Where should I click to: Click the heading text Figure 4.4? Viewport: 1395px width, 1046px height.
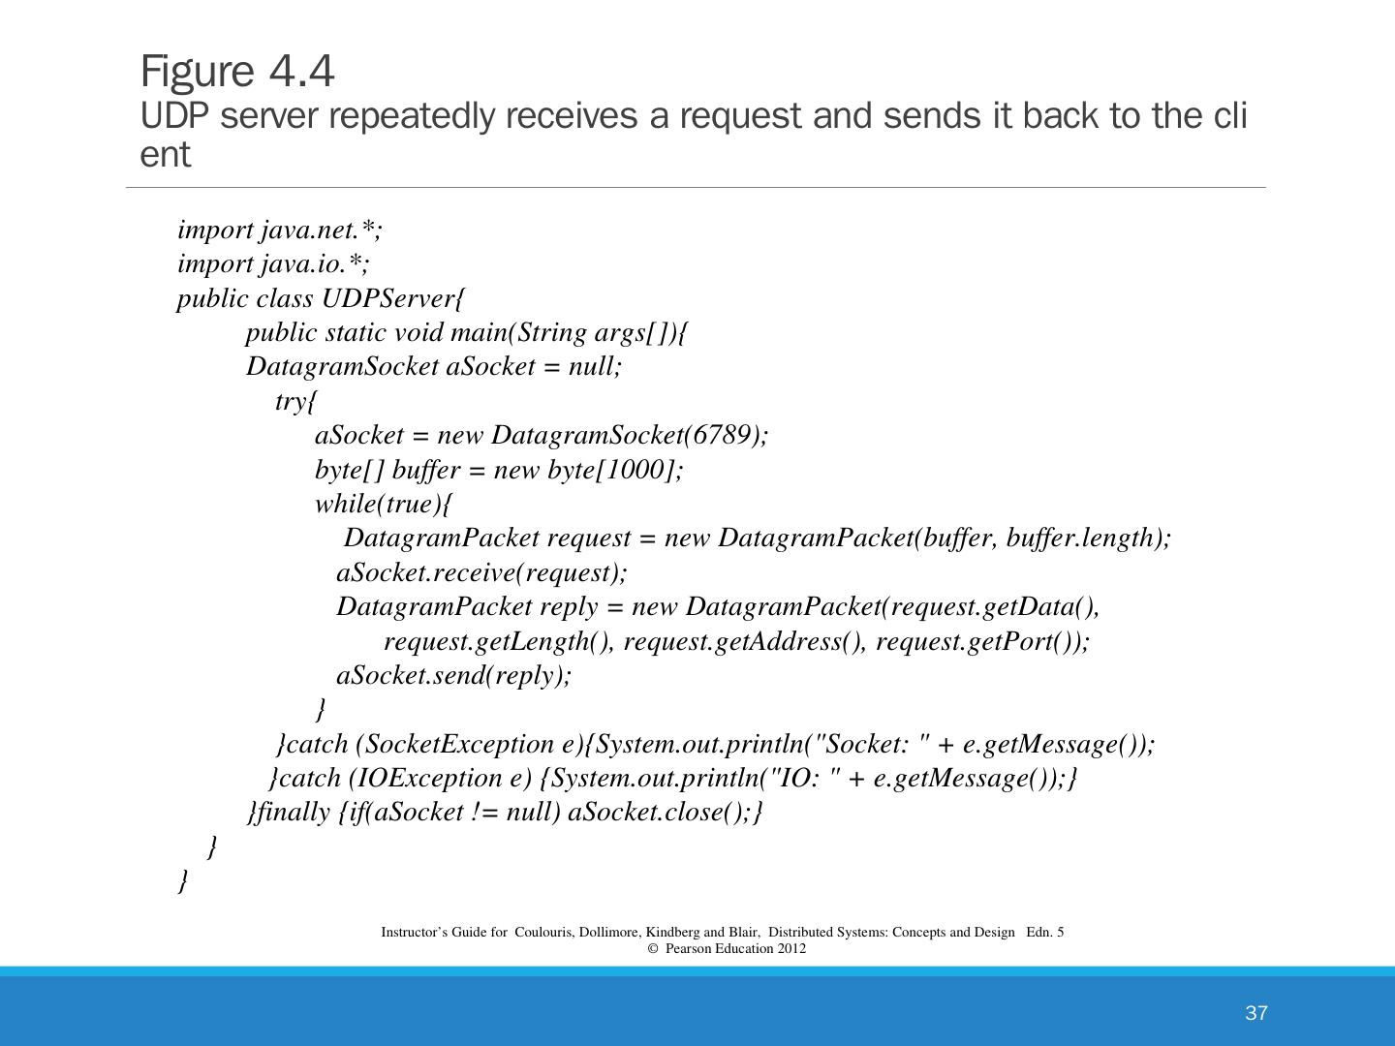tap(237, 72)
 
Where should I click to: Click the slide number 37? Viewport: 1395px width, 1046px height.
tap(1255, 1013)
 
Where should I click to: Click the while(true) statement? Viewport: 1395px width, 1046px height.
tap(379, 504)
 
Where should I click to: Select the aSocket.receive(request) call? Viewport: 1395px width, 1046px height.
tap(481, 572)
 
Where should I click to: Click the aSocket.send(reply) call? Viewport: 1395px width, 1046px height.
tap(453, 675)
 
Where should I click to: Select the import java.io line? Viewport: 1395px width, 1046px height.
tap(273, 263)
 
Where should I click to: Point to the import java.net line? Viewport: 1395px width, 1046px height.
tap(280, 230)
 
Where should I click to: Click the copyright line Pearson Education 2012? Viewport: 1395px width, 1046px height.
tap(727, 948)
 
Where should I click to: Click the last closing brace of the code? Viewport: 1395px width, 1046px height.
tap(183, 881)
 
